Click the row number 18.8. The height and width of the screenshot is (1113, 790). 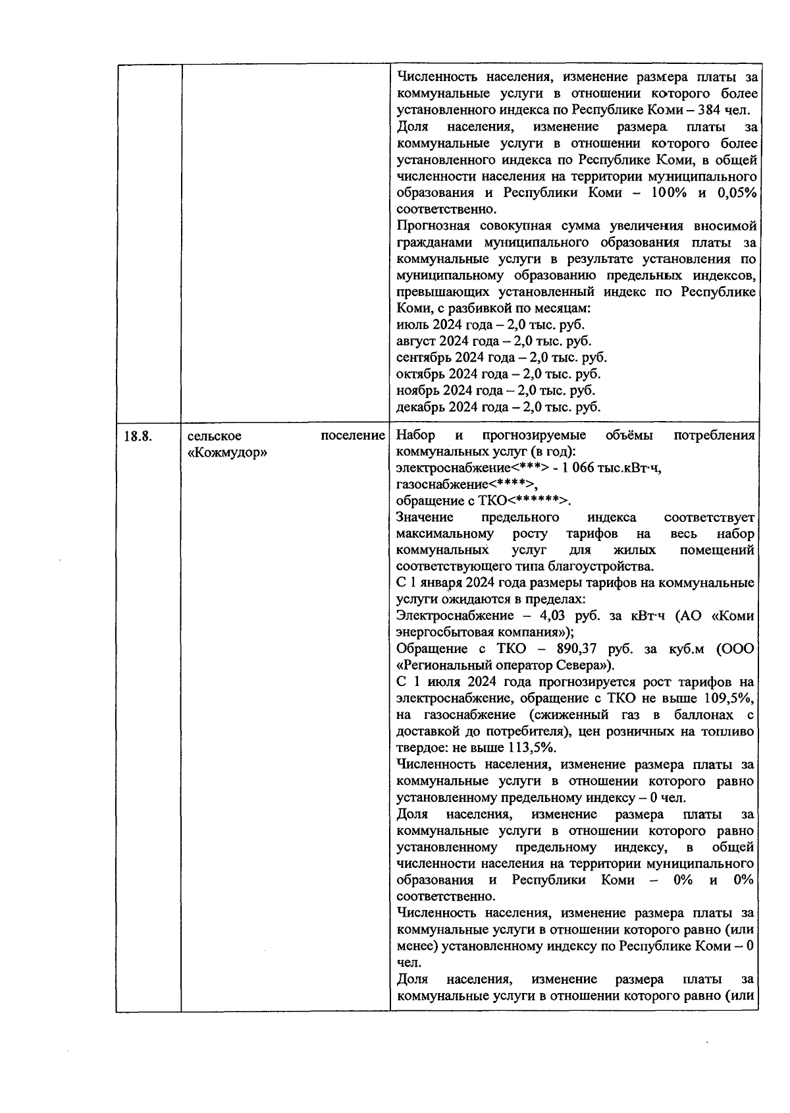[138, 436]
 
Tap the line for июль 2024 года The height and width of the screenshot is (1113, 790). [490, 325]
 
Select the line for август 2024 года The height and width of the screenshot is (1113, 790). [494, 341]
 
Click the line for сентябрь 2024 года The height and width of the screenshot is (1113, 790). [501, 358]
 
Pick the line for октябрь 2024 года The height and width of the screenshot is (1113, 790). [498, 374]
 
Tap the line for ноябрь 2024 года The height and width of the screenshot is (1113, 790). [495, 391]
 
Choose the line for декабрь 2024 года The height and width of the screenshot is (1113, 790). [498, 407]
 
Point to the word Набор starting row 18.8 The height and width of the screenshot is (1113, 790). [415, 436]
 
